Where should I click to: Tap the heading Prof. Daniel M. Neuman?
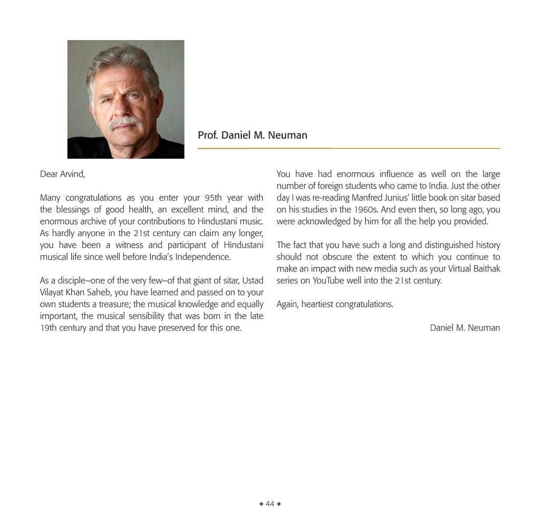[x=252, y=135]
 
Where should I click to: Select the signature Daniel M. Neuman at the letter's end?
[x=465, y=327]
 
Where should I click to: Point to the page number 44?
[x=270, y=504]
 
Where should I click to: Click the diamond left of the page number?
[x=261, y=504]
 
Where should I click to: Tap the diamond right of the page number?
[x=279, y=504]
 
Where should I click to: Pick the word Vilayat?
[x=52, y=292]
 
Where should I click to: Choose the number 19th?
[x=49, y=327]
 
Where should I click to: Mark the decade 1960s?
[x=365, y=209]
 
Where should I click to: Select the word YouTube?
[x=329, y=280]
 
